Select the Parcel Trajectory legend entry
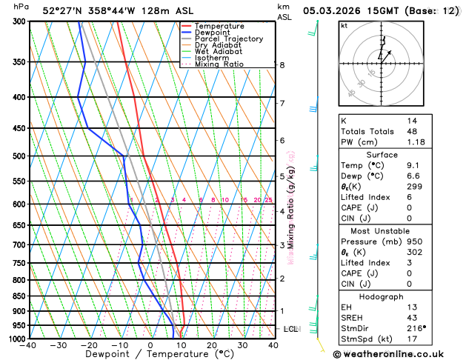pyautogui.click(x=228, y=39)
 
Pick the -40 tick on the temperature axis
pyautogui.click(x=29, y=345)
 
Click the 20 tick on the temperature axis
pyautogui.click(x=211, y=345)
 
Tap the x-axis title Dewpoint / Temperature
pyautogui.click(x=150, y=354)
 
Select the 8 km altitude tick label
pyautogui.click(x=282, y=65)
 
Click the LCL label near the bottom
pyautogui.click(x=291, y=328)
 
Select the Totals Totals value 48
pyautogui.click(x=411, y=131)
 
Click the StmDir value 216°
pyautogui.click(x=416, y=327)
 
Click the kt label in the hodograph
pyautogui.click(x=344, y=26)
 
